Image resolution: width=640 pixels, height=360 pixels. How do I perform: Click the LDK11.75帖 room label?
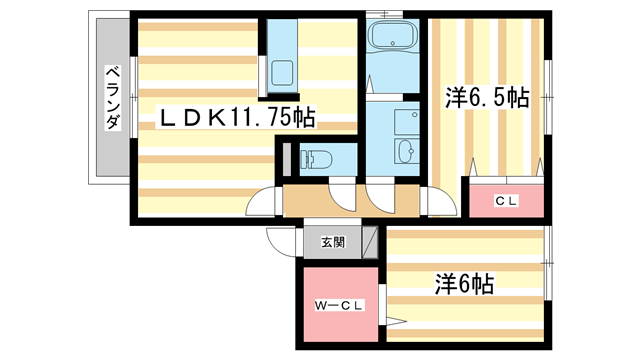click(x=239, y=119)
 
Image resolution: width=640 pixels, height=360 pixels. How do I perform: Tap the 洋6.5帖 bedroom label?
click(x=486, y=98)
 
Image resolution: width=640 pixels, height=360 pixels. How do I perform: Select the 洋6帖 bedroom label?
click(x=463, y=283)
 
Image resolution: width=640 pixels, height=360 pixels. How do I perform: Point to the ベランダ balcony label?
click(x=112, y=98)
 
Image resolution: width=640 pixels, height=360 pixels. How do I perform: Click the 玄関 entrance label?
click(x=333, y=241)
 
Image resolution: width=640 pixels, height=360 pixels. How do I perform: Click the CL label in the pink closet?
click(x=506, y=201)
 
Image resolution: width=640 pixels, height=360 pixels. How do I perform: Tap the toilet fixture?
click(x=318, y=158)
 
